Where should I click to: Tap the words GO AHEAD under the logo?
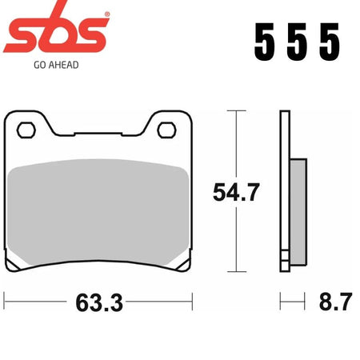56,65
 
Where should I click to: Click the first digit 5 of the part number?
264,42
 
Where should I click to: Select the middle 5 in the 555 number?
297,42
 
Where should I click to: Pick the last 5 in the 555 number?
330,42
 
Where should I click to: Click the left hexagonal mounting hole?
26,130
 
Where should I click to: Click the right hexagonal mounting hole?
166,130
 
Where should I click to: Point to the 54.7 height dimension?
236,192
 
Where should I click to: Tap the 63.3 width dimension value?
99,302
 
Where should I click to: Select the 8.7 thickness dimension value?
336,302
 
